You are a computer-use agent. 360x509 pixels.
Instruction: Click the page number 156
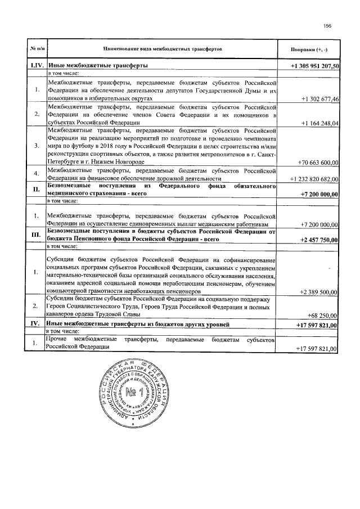[x=327, y=25]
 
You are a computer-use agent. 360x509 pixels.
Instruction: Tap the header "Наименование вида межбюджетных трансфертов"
[x=163, y=49]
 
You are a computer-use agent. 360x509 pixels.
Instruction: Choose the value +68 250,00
[x=323, y=317]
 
